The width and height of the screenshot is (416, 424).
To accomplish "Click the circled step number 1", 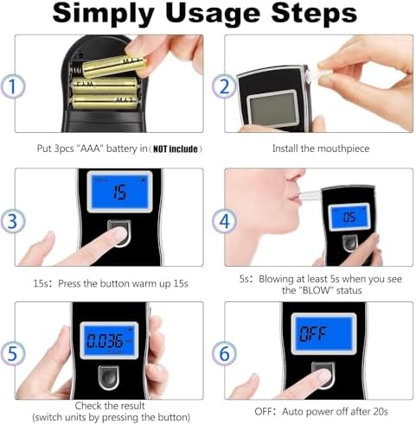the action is coord(13,86).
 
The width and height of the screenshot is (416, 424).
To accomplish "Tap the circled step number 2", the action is coord(224,86).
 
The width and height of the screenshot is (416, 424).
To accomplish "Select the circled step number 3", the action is coord(13,221).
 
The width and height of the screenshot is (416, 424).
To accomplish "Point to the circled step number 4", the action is coord(224,221).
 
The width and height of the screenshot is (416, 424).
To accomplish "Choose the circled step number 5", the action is coord(13,353).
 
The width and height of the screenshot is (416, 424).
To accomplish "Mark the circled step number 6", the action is coord(224,353).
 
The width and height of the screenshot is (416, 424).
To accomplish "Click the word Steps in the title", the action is coord(314,13).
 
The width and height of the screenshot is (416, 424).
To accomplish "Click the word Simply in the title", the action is coord(103,15).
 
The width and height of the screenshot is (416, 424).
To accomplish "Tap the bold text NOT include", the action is coord(176,149).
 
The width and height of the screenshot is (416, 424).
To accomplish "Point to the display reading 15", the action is coord(119,192).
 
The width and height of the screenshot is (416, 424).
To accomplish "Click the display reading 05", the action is coord(349,218).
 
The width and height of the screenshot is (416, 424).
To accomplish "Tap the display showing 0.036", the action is coord(109,340).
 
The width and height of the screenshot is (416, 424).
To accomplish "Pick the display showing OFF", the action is coord(323,333).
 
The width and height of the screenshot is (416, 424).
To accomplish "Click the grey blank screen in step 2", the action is coord(272,109).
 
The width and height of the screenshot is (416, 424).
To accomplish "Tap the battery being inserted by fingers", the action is coord(114,66).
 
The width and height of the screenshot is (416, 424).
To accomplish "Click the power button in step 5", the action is coord(108,377).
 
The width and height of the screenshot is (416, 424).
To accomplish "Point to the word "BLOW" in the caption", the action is coord(315,290).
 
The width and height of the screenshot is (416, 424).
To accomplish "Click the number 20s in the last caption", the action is coord(380,412).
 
